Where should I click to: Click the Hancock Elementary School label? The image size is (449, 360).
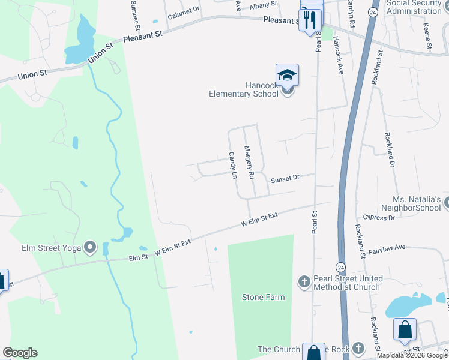(243, 89)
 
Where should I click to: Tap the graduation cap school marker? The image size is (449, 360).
(287, 75)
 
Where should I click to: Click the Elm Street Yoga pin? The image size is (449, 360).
(90, 247)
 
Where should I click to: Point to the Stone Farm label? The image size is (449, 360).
(263, 297)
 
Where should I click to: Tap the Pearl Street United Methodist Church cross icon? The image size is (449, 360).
(304, 281)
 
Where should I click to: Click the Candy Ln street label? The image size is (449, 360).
(232, 166)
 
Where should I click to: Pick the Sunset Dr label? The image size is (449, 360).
(285, 178)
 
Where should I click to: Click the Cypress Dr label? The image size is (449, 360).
(379, 218)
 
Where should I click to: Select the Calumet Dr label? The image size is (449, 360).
(184, 13)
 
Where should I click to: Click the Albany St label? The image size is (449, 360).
(264, 5)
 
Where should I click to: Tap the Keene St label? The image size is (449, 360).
(427, 36)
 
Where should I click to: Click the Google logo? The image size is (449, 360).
(20, 353)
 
